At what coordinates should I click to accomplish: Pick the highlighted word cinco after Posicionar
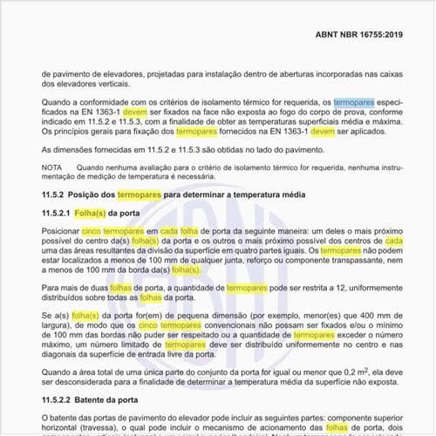tap(91, 231)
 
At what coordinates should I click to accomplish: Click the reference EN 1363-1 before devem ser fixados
tap(95, 112)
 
